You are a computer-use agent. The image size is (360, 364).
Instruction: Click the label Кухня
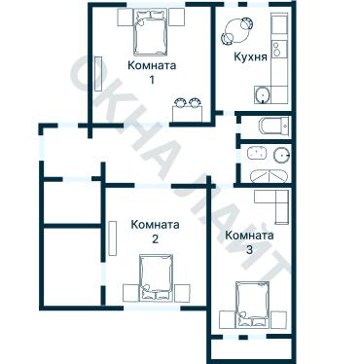[x=250, y=57]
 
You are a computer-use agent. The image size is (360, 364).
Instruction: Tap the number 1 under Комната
[x=152, y=80]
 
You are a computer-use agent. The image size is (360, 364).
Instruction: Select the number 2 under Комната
[x=155, y=239]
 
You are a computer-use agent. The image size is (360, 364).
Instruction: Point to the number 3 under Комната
[x=249, y=250]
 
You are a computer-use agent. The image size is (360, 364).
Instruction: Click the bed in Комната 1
[x=151, y=31]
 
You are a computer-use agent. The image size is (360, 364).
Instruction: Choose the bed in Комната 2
[x=156, y=277]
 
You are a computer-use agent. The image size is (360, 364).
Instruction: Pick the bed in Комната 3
[x=253, y=304]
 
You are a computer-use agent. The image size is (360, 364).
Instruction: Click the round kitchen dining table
[x=237, y=30]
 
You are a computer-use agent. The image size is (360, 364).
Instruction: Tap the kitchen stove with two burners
[x=279, y=50]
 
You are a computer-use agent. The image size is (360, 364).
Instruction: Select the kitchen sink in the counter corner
[x=263, y=94]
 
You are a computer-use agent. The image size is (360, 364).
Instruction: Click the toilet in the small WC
[x=273, y=126]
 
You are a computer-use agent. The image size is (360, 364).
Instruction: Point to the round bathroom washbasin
[x=281, y=156]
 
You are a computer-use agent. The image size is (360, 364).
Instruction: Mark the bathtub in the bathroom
[x=269, y=176]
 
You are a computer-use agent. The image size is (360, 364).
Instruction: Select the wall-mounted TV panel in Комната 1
[x=98, y=74]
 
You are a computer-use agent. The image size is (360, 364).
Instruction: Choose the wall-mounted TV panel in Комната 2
[x=113, y=237]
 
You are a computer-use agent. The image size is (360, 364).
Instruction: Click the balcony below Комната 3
[x=252, y=349]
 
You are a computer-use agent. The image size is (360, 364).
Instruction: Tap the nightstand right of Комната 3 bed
[x=279, y=319]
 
